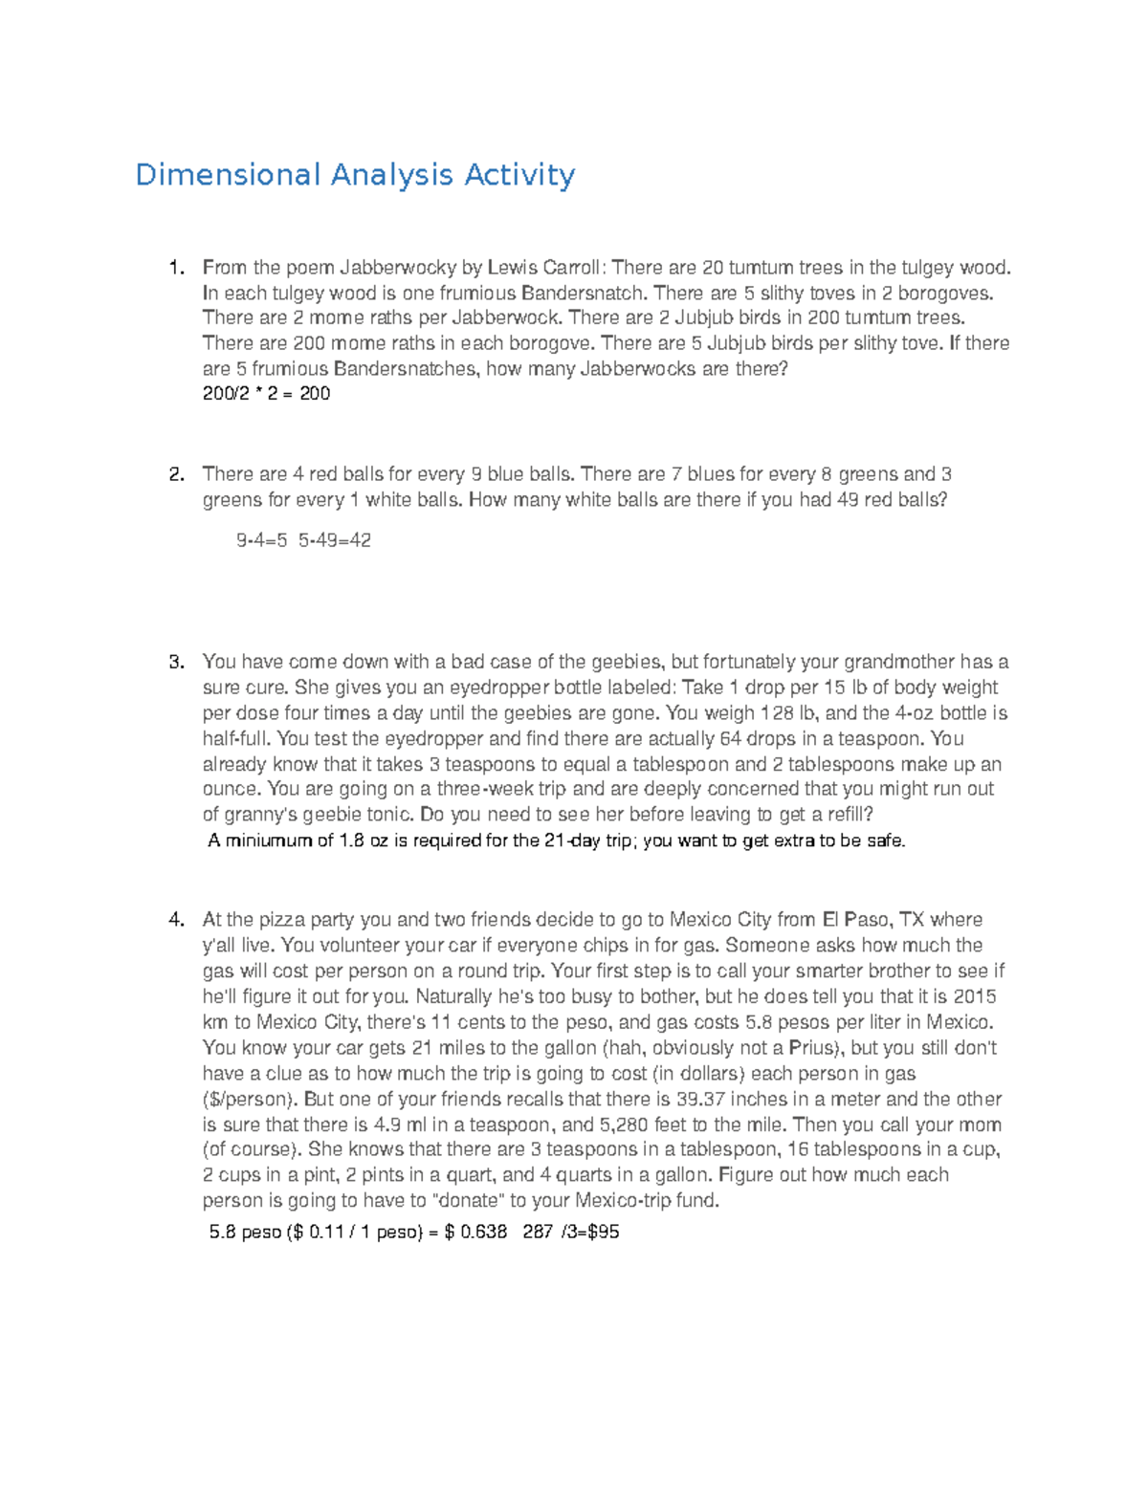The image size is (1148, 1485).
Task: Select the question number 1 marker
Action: coord(175,268)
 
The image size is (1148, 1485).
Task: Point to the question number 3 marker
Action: coord(175,662)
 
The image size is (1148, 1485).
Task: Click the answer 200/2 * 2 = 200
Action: coord(266,394)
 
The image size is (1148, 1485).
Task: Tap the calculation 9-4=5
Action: coord(261,540)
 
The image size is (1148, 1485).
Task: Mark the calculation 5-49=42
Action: coord(335,540)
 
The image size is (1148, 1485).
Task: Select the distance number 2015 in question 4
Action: coord(975,996)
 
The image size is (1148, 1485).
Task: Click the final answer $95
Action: coord(604,1233)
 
